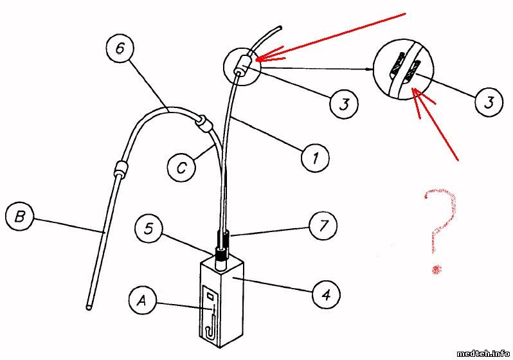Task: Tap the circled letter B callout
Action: point(20,217)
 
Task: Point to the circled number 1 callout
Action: point(315,157)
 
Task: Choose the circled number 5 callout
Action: point(149,229)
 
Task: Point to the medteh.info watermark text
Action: point(483,353)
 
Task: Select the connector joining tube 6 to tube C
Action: point(203,123)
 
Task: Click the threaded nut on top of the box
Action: point(222,254)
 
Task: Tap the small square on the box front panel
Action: point(210,296)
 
